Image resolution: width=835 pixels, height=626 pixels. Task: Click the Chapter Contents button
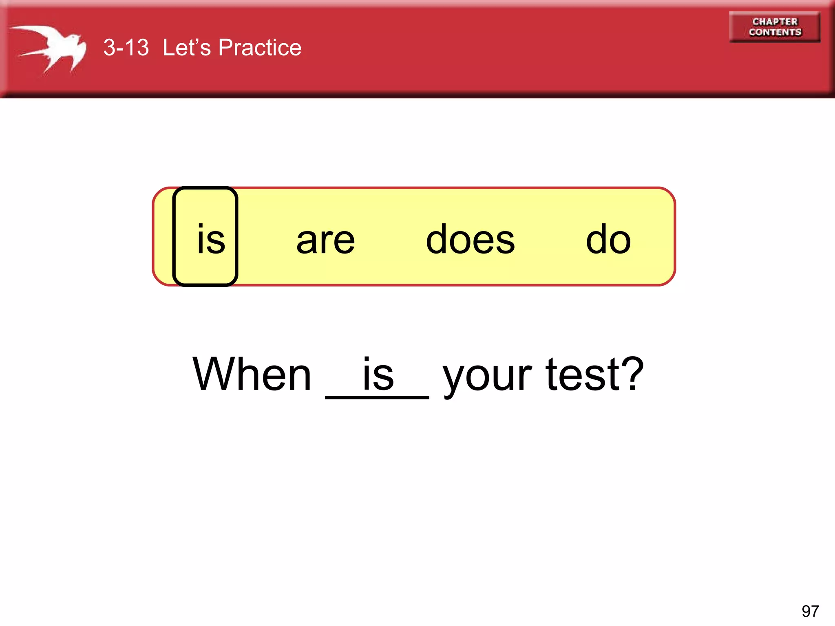tap(774, 27)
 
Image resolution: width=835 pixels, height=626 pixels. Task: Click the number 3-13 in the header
tap(126, 48)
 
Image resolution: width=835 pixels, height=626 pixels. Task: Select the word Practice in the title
tap(260, 48)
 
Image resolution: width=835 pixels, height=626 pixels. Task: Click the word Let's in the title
tap(187, 48)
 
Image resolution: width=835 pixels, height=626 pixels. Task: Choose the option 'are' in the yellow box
tap(325, 240)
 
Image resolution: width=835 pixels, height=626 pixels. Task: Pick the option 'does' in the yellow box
tap(470, 240)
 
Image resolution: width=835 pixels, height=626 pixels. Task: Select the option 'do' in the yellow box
tap(608, 240)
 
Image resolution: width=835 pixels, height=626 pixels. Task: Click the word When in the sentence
tap(252, 374)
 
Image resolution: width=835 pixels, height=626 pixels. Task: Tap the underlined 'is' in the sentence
tap(378, 374)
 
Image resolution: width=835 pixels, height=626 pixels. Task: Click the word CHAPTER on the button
tap(775, 22)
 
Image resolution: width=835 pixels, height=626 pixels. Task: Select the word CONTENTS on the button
tap(775, 32)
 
